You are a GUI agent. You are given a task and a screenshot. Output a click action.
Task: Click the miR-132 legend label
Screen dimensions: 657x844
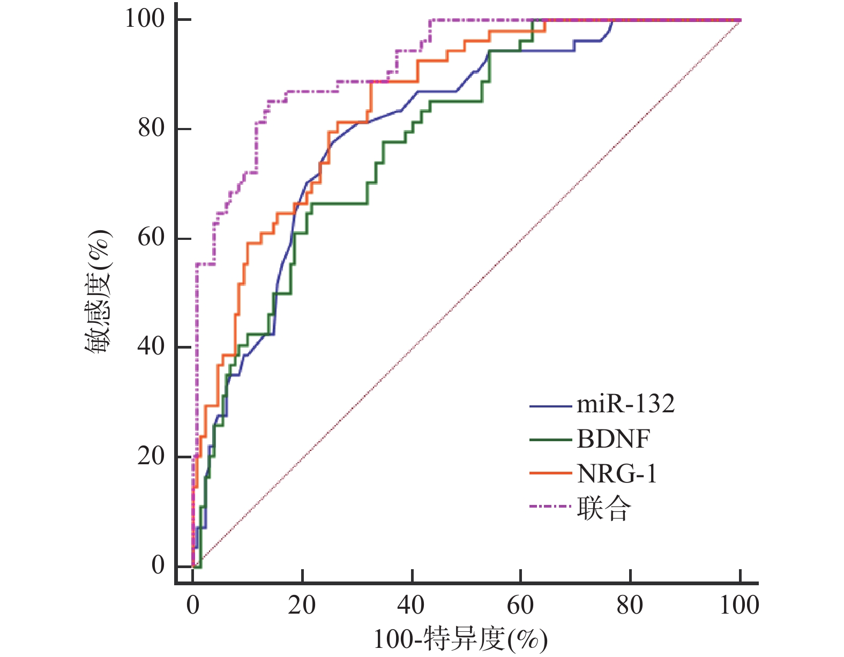coord(625,404)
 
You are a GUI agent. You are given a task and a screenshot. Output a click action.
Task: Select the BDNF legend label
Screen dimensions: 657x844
coord(614,440)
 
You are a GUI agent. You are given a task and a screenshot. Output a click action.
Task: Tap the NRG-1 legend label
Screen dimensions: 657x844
coord(617,474)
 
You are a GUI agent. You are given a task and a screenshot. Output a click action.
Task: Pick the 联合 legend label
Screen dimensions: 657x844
coord(604,508)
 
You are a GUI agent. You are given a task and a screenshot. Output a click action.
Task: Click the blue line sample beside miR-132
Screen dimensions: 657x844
coord(550,406)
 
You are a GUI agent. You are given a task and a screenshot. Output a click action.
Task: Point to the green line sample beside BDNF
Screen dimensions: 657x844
coord(550,440)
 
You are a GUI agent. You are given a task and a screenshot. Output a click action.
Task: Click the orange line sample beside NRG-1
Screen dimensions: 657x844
coord(550,473)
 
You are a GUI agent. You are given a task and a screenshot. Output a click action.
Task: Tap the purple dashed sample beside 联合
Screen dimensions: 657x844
coord(550,506)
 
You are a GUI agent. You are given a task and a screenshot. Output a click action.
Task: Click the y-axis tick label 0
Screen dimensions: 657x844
coord(158,565)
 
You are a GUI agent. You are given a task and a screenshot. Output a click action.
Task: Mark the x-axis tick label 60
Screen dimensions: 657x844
coord(520,606)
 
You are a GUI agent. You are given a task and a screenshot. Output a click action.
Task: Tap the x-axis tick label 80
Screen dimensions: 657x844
coord(630,606)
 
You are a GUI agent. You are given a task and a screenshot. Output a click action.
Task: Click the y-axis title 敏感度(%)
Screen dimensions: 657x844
coord(98,292)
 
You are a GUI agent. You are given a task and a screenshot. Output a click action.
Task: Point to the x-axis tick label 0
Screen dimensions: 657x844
coord(193,606)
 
